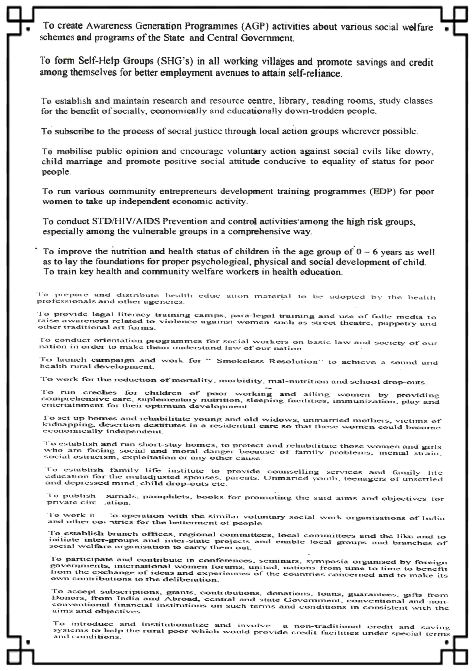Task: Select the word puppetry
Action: (x=397, y=323)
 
